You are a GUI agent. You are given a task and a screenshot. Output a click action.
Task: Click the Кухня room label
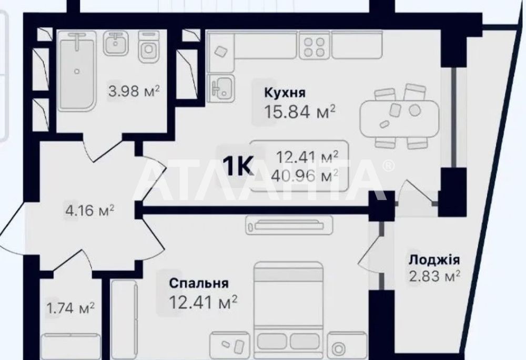pyautogui.click(x=285, y=92)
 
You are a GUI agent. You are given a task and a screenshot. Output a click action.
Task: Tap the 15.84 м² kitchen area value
pyautogui.click(x=300, y=111)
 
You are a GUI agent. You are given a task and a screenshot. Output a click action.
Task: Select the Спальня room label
pyautogui.click(x=199, y=283)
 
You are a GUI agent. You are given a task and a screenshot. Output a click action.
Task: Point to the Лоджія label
pyautogui.click(x=434, y=260)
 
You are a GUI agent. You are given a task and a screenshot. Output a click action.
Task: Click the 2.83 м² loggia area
pyautogui.click(x=434, y=276)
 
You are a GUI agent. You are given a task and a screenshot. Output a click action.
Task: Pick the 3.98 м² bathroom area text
pyautogui.click(x=134, y=91)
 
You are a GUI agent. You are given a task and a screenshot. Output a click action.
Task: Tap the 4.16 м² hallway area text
pyautogui.click(x=90, y=211)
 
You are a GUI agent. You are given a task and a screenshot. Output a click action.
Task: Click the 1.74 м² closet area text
pyautogui.click(x=70, y=308)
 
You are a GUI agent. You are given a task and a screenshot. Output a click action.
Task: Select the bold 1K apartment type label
pyautogui.click(x=238, y=166)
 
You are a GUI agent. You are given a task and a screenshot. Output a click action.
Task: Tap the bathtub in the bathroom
pyautogui.click(x=78, y=70)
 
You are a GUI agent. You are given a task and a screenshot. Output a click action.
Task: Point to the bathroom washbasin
pyautogui.click(x=116, y=43)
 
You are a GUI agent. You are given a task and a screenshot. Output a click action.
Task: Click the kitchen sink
pyautogui.click(x=221, y=87)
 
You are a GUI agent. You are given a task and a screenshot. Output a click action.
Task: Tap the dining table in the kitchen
pyautogui.click(x=399, y=118)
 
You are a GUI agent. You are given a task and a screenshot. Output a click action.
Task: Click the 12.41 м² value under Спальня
pyautogui.click(x=203, y=302)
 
